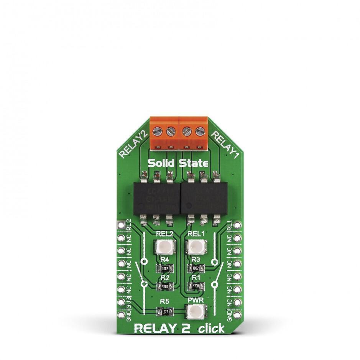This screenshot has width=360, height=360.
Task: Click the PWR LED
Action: [195, 312]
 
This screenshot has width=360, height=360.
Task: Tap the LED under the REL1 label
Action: [196, 247]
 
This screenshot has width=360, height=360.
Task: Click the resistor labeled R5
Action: [164, 312]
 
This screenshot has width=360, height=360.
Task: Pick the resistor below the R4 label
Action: [164, 268]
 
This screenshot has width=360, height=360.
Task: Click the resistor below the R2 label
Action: [164, 286]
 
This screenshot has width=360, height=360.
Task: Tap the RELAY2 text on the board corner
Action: [133, 144]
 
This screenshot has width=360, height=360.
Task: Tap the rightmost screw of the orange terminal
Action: [199, 132]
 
